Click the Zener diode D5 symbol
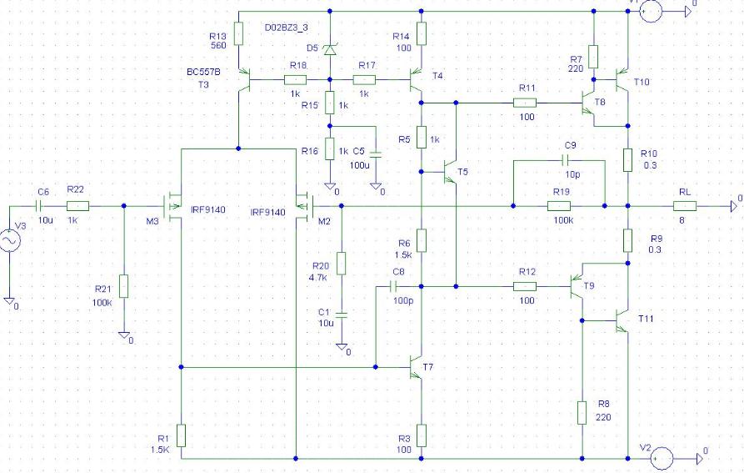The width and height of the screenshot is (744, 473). click(330, 49)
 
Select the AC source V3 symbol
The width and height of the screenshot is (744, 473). click(9, 241)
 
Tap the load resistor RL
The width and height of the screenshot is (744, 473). click(685, 206)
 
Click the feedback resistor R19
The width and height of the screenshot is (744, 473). click(559, 206)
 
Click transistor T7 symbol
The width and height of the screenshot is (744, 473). click(416, 367)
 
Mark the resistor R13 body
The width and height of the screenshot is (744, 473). click(238, 33)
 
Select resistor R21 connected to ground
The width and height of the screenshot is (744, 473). click(124, 286)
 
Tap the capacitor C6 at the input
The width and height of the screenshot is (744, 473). click(39, 206)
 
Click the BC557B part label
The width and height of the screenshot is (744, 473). click(203, 72)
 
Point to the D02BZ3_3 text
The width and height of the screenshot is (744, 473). click(286, 28)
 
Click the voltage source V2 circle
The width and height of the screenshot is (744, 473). click(662, 459)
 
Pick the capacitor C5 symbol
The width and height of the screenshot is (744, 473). click(376, 155)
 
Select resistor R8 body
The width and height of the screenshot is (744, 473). click(582, 413)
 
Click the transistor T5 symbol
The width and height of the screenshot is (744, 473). click(449, 172)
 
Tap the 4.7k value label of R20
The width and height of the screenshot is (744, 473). click(318, 278)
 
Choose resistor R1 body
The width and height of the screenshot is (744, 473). click(182, 435)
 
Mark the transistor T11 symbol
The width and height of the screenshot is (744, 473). click(622, 320)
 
